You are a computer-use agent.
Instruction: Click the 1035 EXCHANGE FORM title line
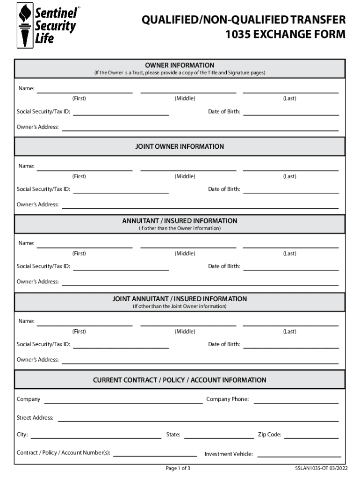click(x=285, y=35)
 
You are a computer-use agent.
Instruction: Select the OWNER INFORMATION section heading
click(x=180, y=65)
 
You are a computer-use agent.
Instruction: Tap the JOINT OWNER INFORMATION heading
click(x=180, y=146)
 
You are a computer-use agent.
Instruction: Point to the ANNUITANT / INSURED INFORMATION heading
click(x=180, y=221)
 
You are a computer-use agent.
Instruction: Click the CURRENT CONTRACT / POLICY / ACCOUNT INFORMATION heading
click(x=180, y=380)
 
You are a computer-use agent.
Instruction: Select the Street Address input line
click(x=198, y=417)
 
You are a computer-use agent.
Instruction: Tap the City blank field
click(x=96, y=435)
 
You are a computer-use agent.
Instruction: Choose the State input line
click(x=219, y=435)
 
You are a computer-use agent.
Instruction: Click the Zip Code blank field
click(x=311, y=435)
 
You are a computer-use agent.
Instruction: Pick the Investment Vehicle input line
click(x=299, y=453)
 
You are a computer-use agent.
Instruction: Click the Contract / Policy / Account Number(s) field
click(x=155, y=452)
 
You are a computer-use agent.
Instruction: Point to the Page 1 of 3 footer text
click(x=178, y=468)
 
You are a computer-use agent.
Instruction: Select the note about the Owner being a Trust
click(x=180, y=73)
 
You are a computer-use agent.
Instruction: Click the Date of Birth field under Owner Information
click(x=291, y=112)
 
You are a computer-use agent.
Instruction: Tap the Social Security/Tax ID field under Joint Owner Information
click(x=121, y=189)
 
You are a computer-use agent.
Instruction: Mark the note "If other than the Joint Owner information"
click(x=180, y=306)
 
